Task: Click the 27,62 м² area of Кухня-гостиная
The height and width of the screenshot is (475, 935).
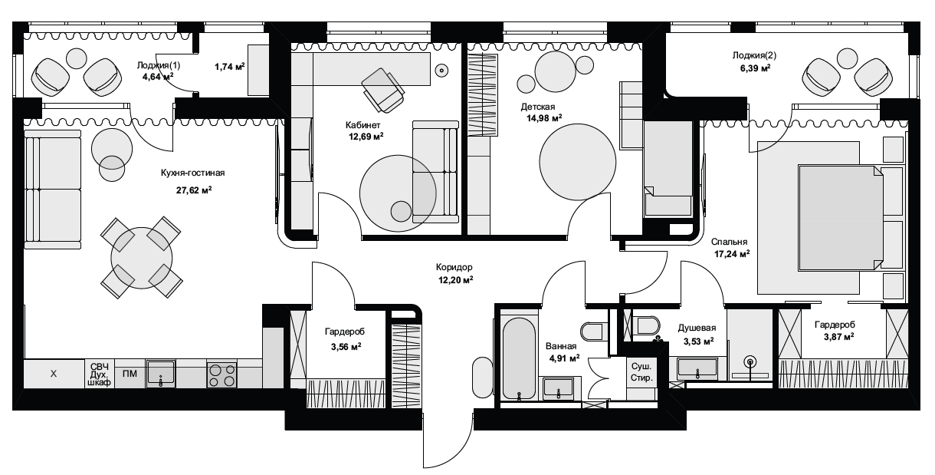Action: coord(194,190)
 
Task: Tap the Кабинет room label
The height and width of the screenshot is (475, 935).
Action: coord(363,125)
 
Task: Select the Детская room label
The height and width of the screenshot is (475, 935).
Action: coord(538,107)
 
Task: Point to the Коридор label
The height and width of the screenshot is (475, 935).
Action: coord(454,267)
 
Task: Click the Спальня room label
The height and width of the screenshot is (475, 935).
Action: coord(729,242)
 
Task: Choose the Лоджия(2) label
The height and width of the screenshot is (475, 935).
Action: coord(755,55)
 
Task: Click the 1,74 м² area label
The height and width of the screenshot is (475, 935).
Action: coord(230,67)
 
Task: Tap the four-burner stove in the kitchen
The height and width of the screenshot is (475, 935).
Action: coord(222,375)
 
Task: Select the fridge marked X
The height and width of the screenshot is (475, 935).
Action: coord(54,374)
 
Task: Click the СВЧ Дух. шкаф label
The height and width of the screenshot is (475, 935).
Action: coord(100,374)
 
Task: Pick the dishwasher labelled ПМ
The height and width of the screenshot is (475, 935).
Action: coord(130,374)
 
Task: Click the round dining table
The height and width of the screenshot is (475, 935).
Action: coord(142,258)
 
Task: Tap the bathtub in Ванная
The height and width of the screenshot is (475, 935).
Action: coord(519,359)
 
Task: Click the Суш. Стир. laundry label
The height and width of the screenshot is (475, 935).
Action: coord(641,372)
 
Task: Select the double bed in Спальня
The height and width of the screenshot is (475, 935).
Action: coord(840,217)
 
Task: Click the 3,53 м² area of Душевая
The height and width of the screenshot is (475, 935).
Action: coord(698,341)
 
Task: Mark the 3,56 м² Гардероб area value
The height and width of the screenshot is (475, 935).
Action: coord(346,347)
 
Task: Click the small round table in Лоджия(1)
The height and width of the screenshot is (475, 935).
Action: coord(77,58)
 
